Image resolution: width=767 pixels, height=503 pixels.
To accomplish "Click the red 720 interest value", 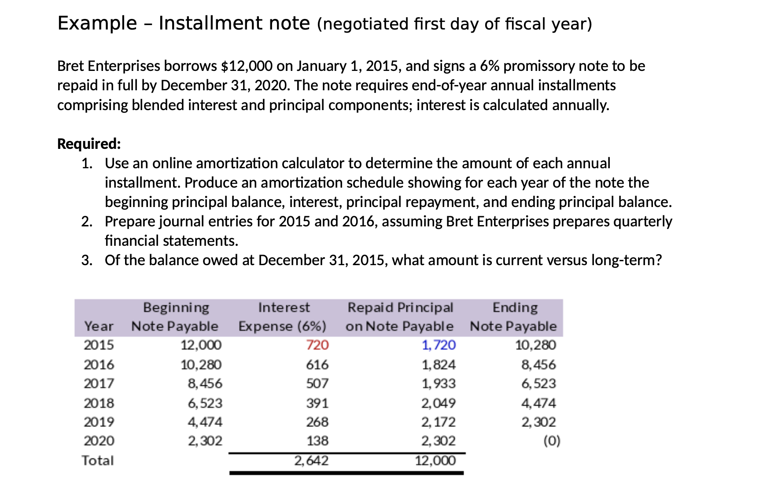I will coord(317,345).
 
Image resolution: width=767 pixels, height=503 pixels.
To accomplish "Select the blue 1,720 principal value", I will coord(439,345).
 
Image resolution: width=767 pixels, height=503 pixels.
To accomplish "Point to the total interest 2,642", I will coord(311,461).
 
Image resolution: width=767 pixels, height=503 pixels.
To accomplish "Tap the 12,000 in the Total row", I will coord(435,461).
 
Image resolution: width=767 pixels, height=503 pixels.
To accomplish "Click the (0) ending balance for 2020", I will coord(552,441).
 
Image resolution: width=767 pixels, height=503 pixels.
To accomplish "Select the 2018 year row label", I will coord(99,403).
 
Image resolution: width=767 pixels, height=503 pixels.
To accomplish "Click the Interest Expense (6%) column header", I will coord(283,317).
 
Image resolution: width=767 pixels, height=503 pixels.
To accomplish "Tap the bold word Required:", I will coord(89,144).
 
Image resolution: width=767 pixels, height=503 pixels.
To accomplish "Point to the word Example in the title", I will coord(97,23).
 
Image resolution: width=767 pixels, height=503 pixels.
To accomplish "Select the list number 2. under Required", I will coord(87,222).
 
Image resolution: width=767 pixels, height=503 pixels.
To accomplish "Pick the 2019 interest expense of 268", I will coord(317,422).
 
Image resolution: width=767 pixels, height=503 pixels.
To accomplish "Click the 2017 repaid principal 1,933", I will coord(439,384).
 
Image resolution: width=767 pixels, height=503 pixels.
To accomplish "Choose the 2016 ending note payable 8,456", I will coord(538,365).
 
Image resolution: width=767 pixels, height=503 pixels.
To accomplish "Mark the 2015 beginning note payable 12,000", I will coord(201,345).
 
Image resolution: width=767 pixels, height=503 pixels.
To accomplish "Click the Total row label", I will coord(98,461).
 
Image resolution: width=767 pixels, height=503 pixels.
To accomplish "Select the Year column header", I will coord(99,326).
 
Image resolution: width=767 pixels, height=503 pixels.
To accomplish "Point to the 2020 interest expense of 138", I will coord(317,441).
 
